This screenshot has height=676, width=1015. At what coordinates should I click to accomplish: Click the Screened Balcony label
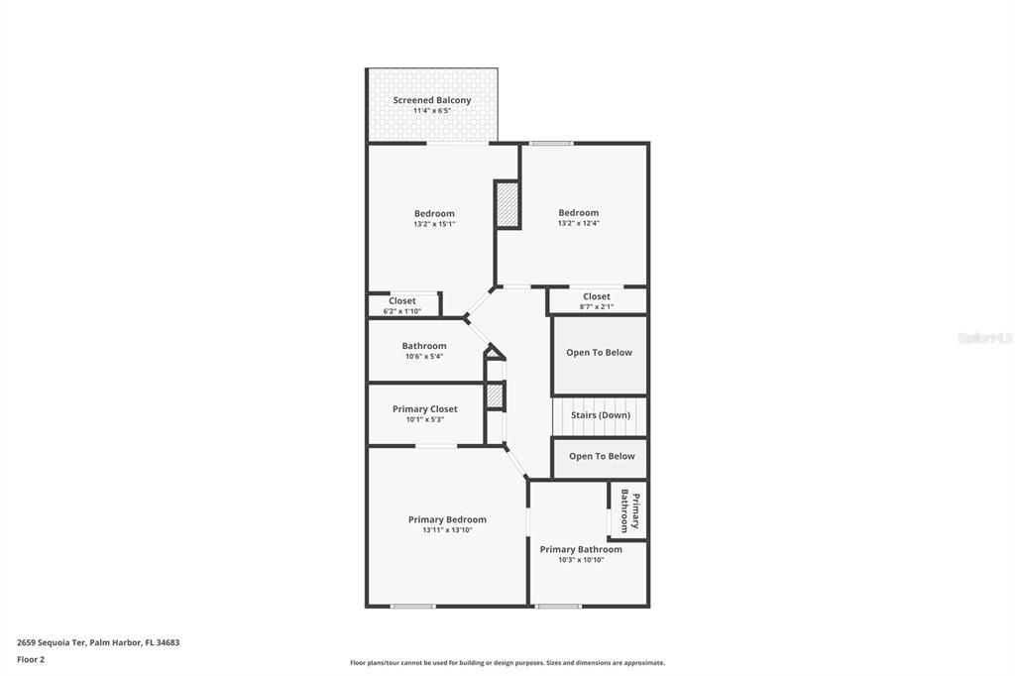click(x=431, y=100)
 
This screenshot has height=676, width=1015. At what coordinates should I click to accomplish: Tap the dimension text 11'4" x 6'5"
click(x=431, y=111)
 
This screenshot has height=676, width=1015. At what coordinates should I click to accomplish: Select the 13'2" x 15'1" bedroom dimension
click(x=434, y=224)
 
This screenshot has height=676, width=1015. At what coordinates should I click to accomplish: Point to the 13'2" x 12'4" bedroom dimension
click(x=578, y=223)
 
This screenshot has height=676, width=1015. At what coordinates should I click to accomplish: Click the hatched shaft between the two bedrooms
click(x=507, y=205)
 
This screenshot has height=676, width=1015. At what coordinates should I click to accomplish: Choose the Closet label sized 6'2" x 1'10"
click(x=402, y=301)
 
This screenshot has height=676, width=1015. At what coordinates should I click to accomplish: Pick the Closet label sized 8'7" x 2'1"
click(x=597, y=296)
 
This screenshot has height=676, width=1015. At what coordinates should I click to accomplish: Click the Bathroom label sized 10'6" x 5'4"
click(x=424, y=346)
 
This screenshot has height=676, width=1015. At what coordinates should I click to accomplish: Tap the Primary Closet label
click(x=424, y=408)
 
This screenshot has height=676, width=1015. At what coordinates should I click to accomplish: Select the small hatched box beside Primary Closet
click(x=496, y=396)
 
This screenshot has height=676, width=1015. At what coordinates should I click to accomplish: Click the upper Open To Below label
click(x=599, y=352)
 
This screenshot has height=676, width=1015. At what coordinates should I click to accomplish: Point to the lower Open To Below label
click(x=602, y=456)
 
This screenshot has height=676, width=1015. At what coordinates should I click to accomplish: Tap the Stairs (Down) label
click(x=601, y=415)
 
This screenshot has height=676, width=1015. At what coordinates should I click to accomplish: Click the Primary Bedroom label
click(x=447, y=519)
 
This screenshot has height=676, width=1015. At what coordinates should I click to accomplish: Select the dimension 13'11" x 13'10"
click(x=447, y=530)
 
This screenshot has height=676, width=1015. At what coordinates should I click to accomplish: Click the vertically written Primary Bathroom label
click(x=629, y=510)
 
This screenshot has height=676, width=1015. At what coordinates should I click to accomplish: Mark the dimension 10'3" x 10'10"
click(x=581, y=560)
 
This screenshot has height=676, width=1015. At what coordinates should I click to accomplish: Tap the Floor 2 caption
click(x=31, y=658)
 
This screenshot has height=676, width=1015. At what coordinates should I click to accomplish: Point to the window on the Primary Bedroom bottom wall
click(x=412, y=606)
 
